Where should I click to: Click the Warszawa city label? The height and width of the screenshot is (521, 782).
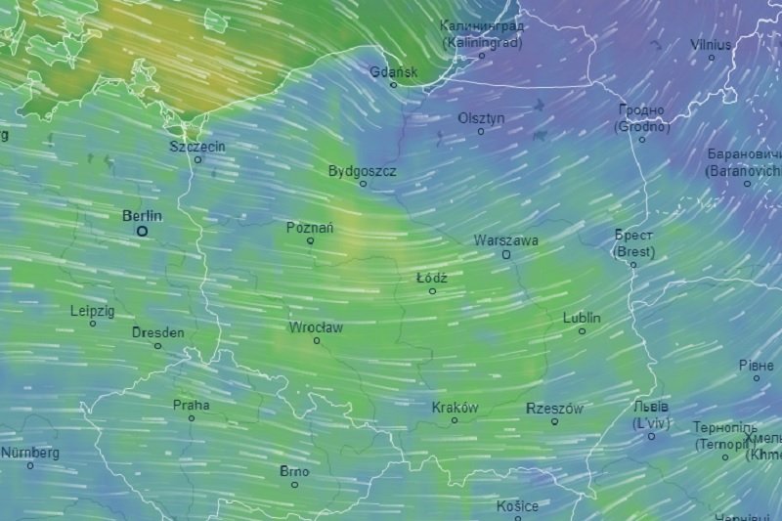505,239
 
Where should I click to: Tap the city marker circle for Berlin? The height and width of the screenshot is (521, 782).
143,232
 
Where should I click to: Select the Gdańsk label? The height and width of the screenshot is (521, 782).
394,71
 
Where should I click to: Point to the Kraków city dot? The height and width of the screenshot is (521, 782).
456,421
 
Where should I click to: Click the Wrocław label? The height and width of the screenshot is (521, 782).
316,327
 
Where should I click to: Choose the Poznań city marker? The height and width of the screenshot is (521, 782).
311,240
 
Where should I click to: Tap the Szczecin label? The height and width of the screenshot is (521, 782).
197,146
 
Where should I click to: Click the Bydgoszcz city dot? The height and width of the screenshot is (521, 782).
363,184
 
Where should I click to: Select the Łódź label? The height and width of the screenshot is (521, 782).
432,278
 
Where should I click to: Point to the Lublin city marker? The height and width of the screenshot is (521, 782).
583,331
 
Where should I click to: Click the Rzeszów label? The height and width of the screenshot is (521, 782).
554,409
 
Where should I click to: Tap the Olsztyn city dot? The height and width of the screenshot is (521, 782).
481,131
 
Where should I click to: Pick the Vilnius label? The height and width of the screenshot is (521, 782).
711,44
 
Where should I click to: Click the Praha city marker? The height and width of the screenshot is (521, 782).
192,418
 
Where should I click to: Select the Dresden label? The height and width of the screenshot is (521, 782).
157,332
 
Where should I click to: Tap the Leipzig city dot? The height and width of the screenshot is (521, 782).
93,324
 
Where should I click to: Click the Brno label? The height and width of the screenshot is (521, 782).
294,471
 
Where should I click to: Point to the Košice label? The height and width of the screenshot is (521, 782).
517,506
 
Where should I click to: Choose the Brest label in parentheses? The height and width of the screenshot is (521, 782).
633,251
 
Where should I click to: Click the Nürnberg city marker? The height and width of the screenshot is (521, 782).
30,465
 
